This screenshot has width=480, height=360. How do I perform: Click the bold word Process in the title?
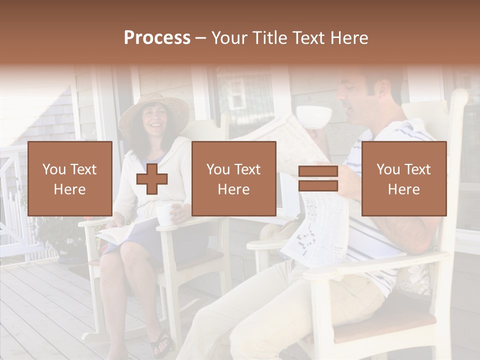pyautogui.click(x=157, y=38)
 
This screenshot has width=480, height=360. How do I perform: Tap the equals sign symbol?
pyautogui.click(x=318, y=179)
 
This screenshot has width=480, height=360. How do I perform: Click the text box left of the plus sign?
pyautogui.click(x=69, y=178)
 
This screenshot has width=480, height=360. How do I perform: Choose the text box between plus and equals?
pyautogui.click(x=233, y=178)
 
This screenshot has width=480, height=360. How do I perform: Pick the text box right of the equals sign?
pyautogui.click(x=403, y=178)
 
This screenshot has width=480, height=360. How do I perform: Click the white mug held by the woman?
pyautogui.click(x=164, y=214)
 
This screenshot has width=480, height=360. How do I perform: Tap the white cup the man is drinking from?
pyautogui.click(x=313, y=116)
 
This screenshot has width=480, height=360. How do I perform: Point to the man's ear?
pyautogui.click(x=381, y=90)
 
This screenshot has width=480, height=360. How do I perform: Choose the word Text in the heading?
pyautogui.click(x=309, y=38)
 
